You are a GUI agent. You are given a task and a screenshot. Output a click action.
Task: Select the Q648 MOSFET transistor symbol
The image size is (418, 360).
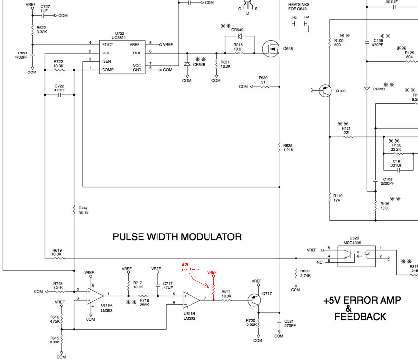tap(270, 49)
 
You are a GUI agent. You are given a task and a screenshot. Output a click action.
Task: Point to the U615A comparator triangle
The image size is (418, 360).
tap(94, 295)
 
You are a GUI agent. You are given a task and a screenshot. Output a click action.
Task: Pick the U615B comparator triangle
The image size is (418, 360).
tap(191, 299)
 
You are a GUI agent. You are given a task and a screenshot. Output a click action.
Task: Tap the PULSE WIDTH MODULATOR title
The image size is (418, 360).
tap(177, 237)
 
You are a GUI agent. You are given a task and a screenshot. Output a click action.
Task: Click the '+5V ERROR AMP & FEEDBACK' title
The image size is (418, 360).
tap(362, 308)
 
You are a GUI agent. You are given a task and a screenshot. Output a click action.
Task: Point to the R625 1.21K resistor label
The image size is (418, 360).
tap(289, 147)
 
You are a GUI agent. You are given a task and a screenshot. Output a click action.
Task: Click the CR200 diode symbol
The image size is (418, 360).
tap(367, 89)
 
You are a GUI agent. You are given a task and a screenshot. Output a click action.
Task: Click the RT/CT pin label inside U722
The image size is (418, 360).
tap(108, 44)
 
